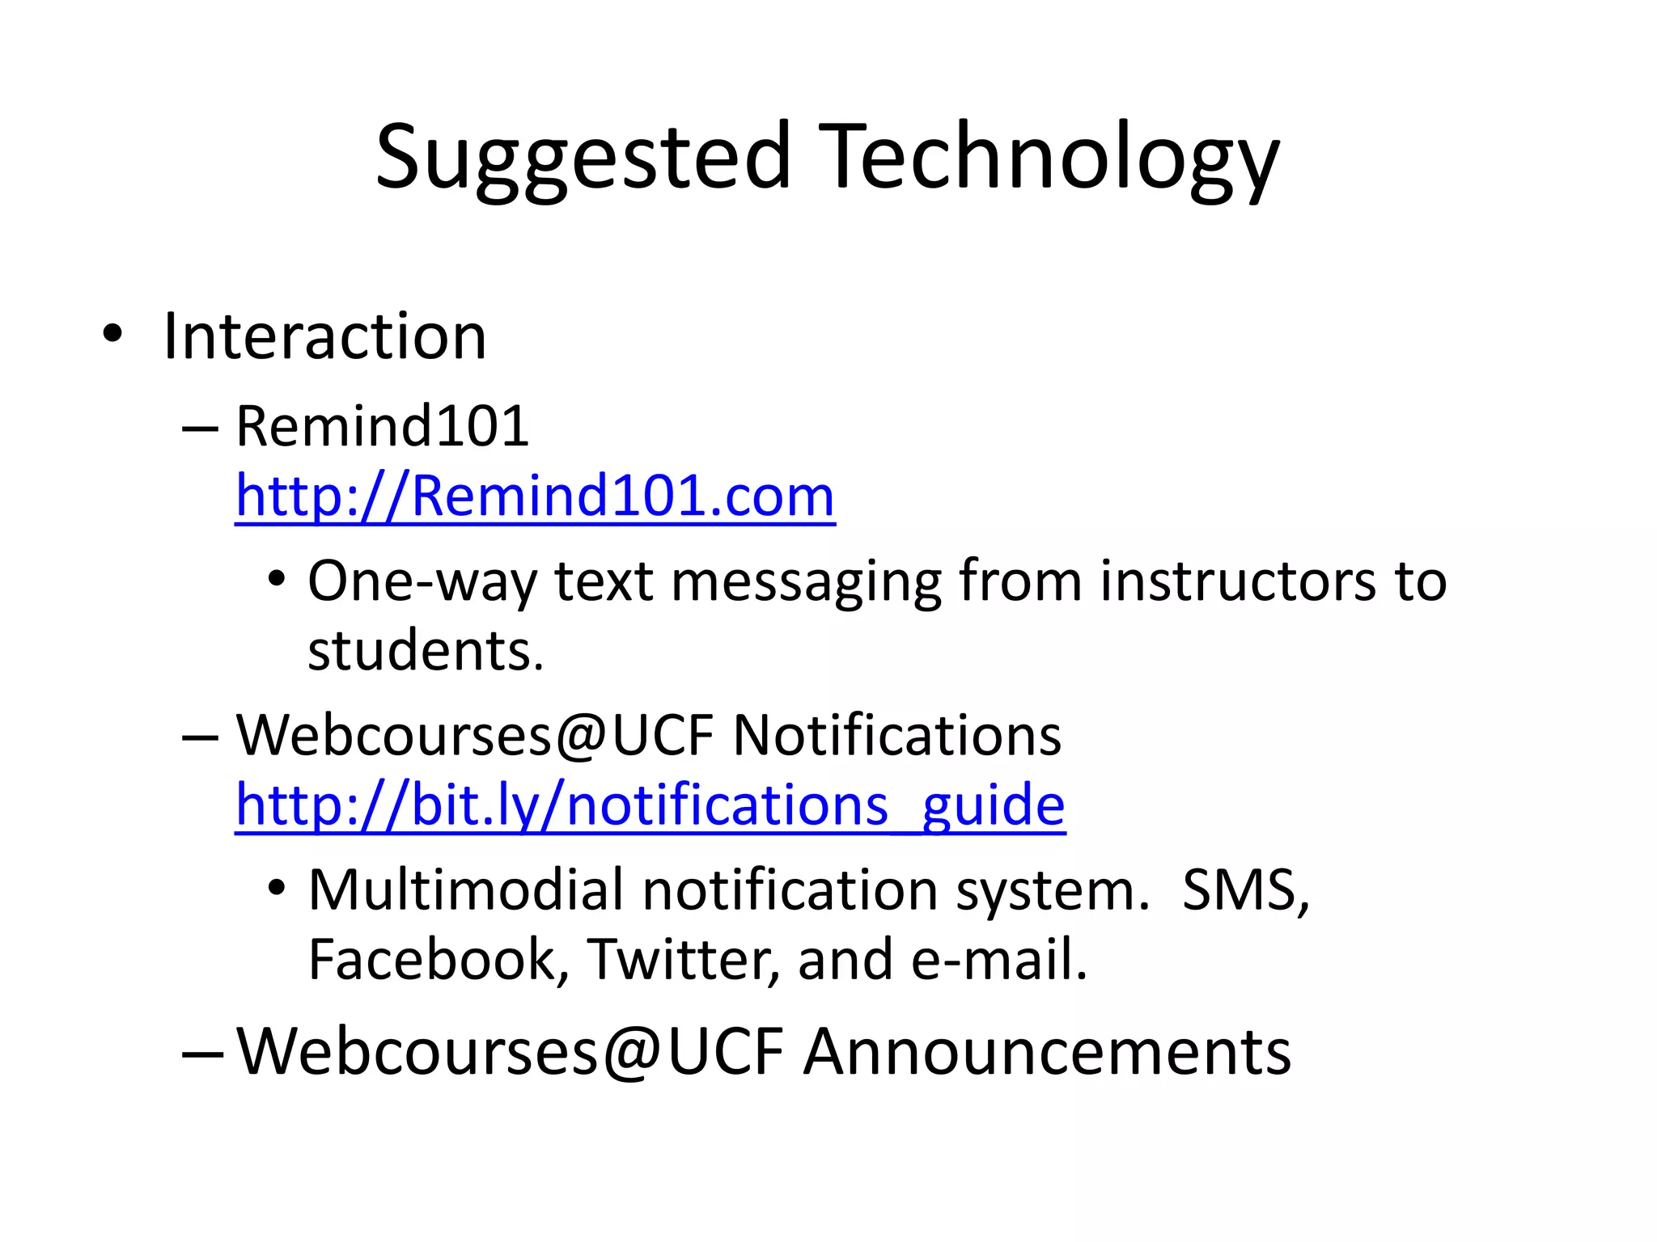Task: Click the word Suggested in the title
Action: click(583, 158)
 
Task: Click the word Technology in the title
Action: click(1052, 158)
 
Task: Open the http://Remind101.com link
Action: click(535, 496)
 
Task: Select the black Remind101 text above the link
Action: click(382, 426)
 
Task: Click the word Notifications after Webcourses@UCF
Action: click(896, 736)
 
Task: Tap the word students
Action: click(426, 651)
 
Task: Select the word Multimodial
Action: click(466, 890)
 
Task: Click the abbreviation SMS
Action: click(1244, 890)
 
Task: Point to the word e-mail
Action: click(998, 960)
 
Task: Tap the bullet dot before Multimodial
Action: click(277, 888)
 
